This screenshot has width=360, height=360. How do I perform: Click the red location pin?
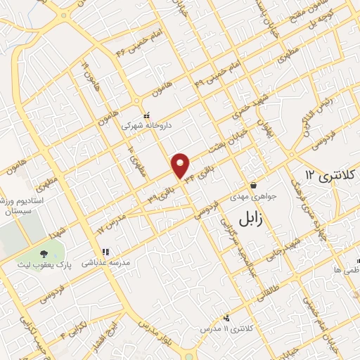[181, 165]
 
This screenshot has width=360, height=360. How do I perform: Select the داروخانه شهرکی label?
[146, 127]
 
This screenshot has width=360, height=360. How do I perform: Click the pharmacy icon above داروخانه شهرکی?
[146, 115]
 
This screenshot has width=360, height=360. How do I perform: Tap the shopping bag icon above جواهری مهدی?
[253, 186]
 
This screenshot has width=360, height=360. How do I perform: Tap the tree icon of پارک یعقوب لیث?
[44, 253]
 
